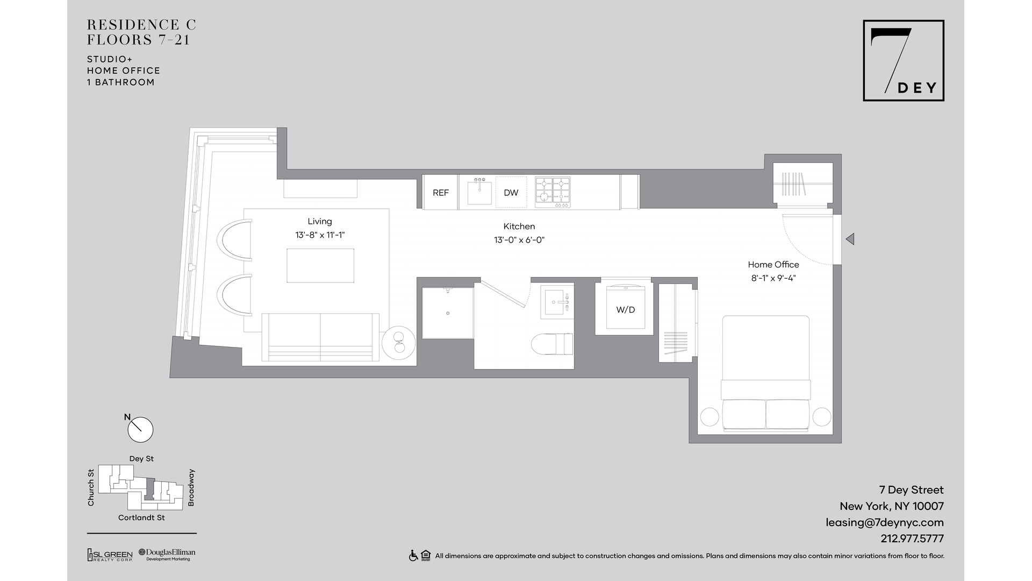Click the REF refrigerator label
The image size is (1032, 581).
point(441,193)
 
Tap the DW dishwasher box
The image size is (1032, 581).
point(511,192)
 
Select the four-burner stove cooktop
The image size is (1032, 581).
point(553,192)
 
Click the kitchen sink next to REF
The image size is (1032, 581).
point(479,192)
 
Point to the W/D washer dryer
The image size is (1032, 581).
point(625,307)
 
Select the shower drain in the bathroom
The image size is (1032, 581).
point(448,313)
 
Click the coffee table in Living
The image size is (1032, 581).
point(320,265)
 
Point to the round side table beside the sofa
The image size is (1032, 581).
point(398,342)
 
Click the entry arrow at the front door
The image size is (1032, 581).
point(850,239)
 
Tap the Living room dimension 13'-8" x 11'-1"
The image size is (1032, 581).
point(320,235)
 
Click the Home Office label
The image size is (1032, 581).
point(773,265)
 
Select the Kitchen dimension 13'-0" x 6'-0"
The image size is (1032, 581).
point(519,240)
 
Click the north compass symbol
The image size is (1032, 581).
point(140,429)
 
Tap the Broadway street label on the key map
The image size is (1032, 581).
point(191,487)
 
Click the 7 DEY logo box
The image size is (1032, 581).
point(904,61)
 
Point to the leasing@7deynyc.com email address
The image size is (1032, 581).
point(885,522)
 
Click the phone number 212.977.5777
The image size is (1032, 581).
point(912,539)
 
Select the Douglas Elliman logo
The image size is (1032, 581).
point(167,555)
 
